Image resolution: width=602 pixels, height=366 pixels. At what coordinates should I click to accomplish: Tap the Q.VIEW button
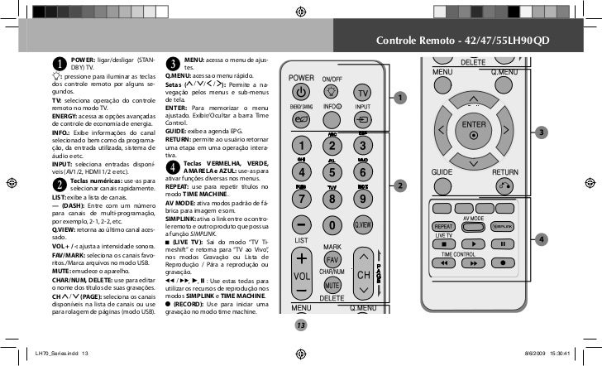coord(362,225)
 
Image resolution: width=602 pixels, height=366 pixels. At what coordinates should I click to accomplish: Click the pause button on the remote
coord(504,243)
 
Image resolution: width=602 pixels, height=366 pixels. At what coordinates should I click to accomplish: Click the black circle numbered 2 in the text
coord(60,183)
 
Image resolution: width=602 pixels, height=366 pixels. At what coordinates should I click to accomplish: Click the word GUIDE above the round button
coord(442,172)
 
